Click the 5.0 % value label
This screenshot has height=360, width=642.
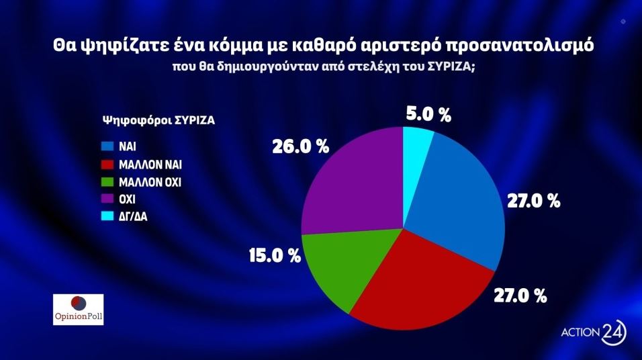(x=428, y=114)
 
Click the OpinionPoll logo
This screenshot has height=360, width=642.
(x=78, y=308)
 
